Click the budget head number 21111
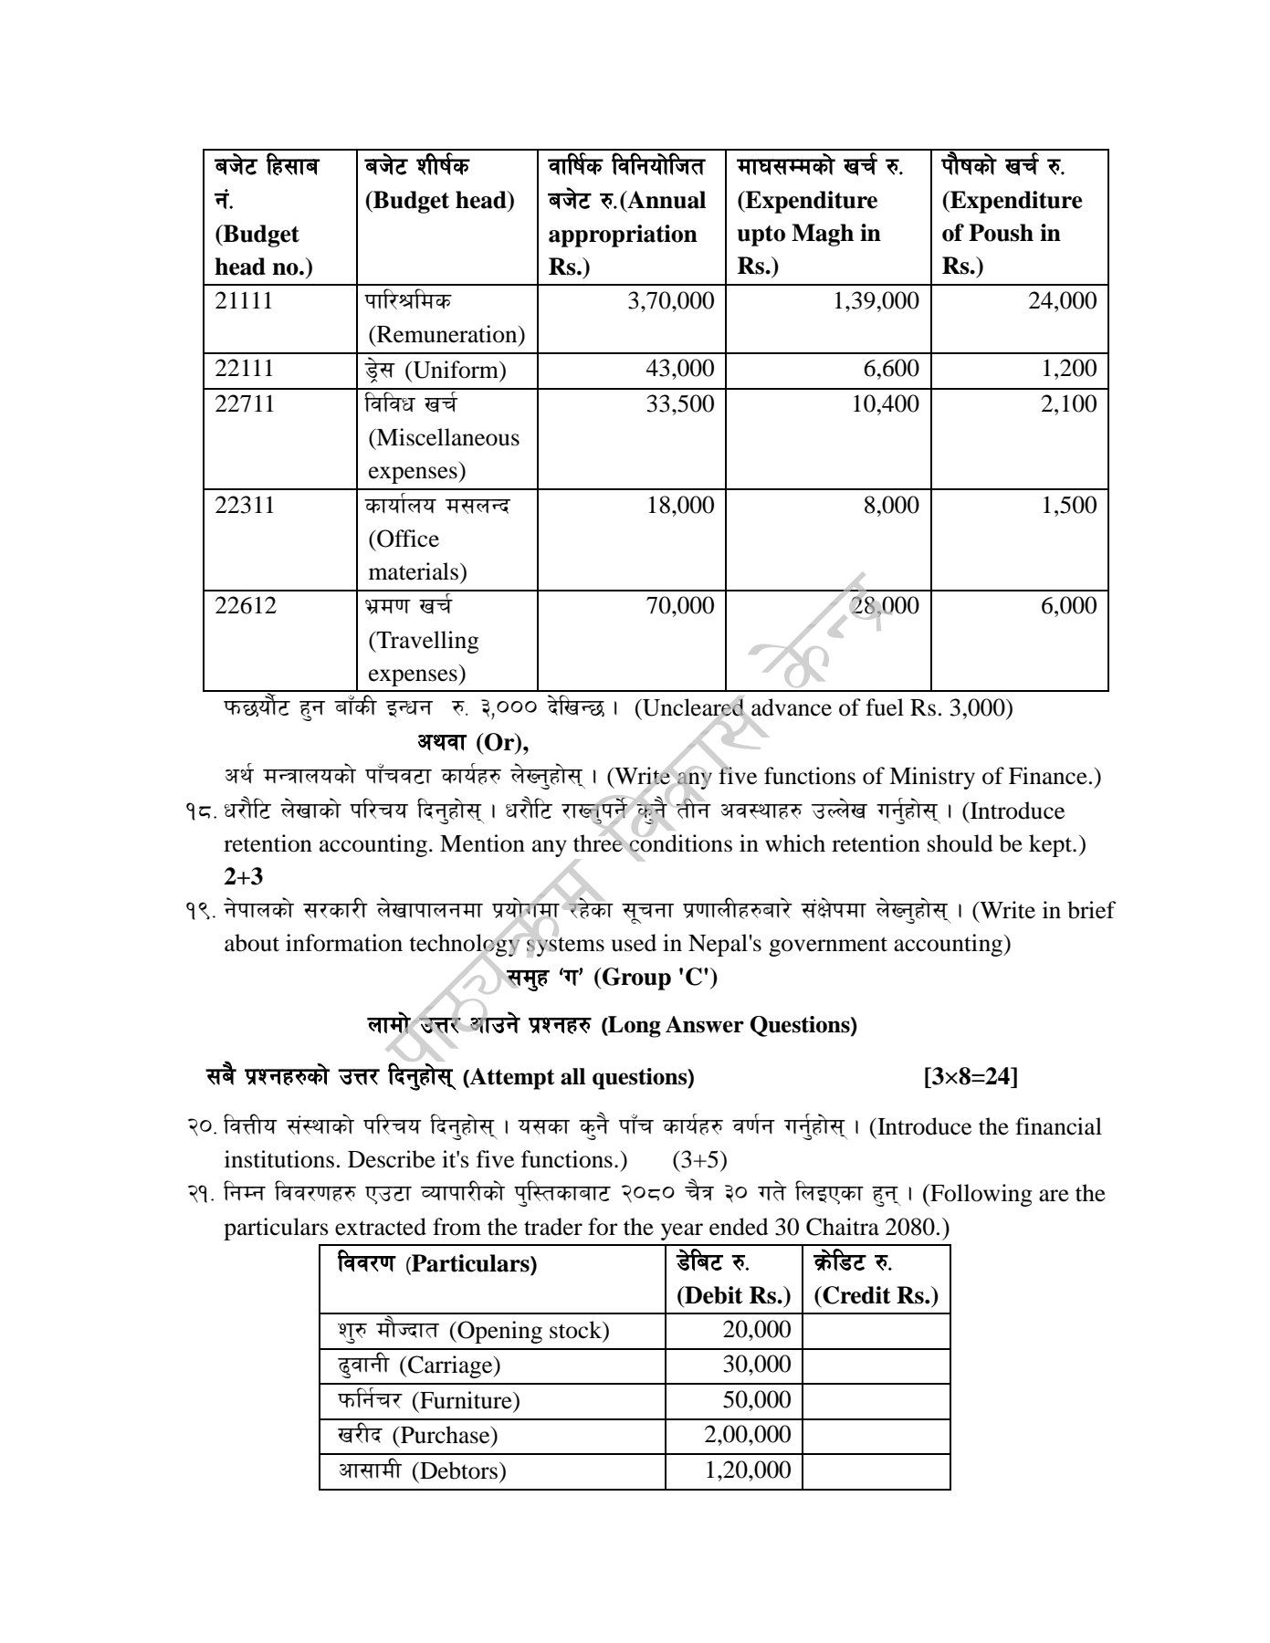pos(244,301)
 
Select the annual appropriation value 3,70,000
pos(671,301)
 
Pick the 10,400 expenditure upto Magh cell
pos(885,403)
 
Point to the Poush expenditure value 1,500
pos(1069,505)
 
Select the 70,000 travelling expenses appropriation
pos(680,605)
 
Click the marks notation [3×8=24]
pos(971,1077)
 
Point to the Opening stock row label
pos(473,1331)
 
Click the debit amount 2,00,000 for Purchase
pos(747,1435)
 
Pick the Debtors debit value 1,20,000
pos(747,1470)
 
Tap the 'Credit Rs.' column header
pos(876,1296)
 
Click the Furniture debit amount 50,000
pos(756,1400)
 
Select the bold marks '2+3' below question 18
pos(244,877)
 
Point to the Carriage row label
pos(419,1366)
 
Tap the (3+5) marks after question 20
pos(699,1160)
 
